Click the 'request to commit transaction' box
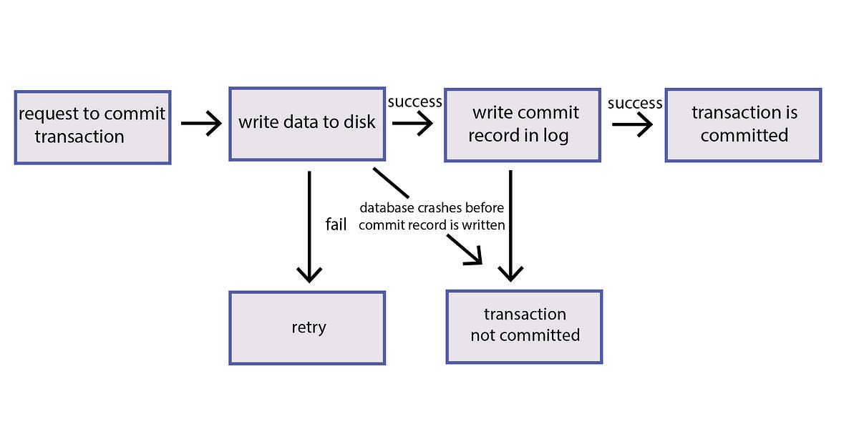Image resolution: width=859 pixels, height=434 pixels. coord(92,127)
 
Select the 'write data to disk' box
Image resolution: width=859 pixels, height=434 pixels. coord(306,124)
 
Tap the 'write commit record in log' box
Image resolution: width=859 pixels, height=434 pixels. coord(522,125)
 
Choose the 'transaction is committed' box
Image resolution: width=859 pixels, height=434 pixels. coord(743,124)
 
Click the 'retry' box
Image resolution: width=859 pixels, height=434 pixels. coord(307,327)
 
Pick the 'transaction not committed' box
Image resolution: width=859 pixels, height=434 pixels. coord(524,326)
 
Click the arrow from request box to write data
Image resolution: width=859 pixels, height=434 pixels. coord(202,124)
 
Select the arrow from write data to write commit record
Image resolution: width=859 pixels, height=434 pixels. coord(412,124)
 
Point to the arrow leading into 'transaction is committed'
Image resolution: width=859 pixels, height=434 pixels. coord(632,124)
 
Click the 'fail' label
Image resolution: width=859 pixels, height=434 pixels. coord(336,225)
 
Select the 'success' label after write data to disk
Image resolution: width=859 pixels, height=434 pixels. coord(414,102)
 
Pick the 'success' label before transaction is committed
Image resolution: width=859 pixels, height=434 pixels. coord(635,104)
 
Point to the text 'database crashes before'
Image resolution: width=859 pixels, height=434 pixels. coord(432,208)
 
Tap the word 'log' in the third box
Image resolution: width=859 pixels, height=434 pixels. coord(555,136)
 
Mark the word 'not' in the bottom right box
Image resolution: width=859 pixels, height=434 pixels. coord(485,335)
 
